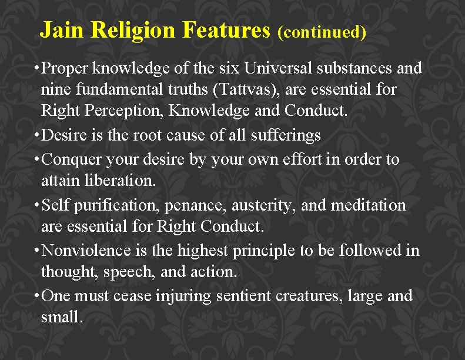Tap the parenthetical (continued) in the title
[x=322, y=32]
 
